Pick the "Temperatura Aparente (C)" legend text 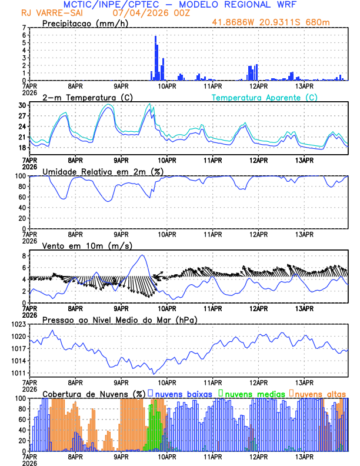pos(264,97)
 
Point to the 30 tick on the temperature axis pos(23,105)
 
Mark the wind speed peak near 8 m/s pos(143,255)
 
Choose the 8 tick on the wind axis pos(24,256)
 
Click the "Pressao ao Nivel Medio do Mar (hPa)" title pos(120,319)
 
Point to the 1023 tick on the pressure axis pos(18,324)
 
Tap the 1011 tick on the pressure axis pos(18,373)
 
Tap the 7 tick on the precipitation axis pos(24,28)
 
